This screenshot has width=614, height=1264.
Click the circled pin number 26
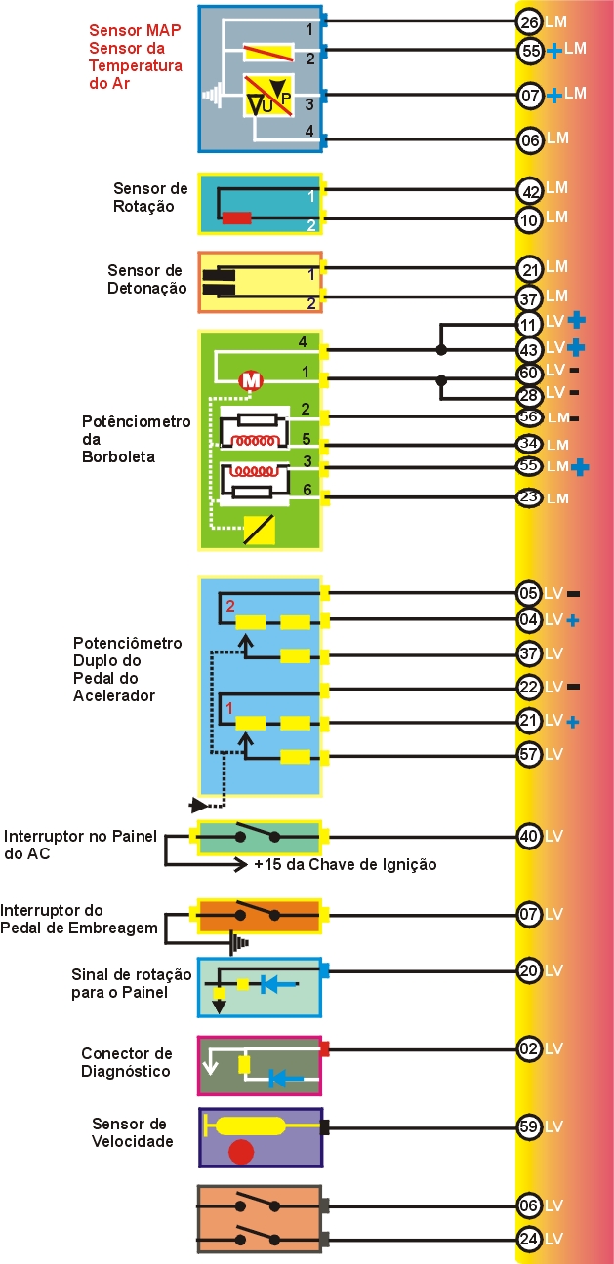pos(529,21)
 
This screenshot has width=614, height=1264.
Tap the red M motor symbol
pos(251,380)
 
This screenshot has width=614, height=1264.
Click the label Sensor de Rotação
pos(150,197)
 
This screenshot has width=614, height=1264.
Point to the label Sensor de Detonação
pos(146,279)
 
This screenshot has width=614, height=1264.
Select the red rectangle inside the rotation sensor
pos(237,217)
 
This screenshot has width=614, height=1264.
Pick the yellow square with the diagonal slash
pos(259,530)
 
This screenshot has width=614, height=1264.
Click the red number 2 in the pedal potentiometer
pos(230,606)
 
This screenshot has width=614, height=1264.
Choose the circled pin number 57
pos(529,754)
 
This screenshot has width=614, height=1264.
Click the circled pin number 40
pos(529,836)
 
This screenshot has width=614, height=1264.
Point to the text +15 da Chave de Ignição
pos(345,864)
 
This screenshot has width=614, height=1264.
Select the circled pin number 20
pos(529,970)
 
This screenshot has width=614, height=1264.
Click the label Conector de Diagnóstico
pos(127,1062)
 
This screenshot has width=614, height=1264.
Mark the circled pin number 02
pos(529,1049)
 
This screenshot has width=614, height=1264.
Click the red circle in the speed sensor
pos(241,1152)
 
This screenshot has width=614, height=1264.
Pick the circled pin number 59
pos(529,1126)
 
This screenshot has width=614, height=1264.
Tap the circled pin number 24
pos(529,1240)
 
